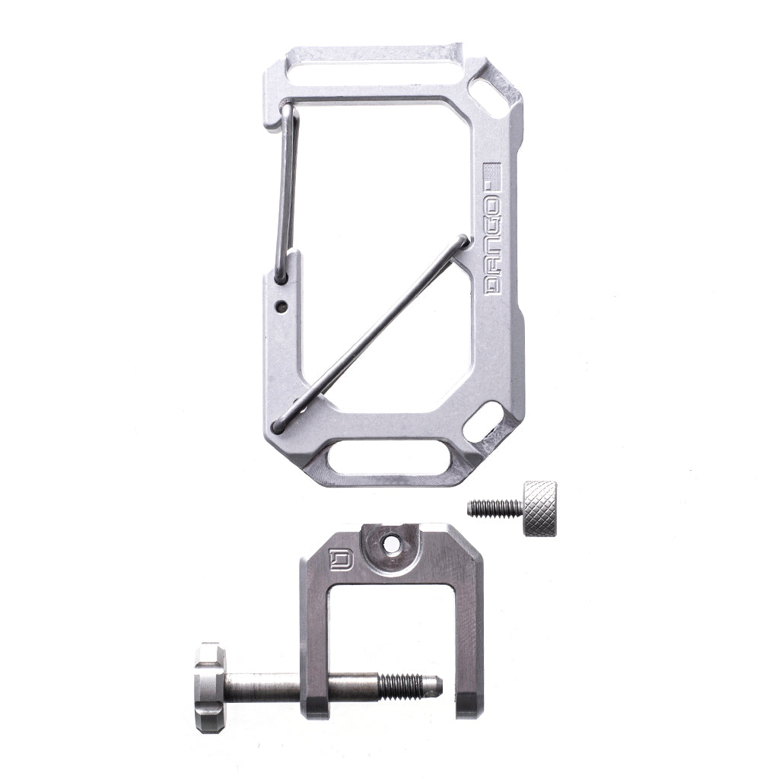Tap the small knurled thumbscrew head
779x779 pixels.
539,508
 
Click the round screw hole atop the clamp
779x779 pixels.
392,544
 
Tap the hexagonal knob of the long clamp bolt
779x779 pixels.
209,688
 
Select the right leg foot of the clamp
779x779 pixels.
468,704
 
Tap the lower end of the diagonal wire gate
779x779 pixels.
278,428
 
